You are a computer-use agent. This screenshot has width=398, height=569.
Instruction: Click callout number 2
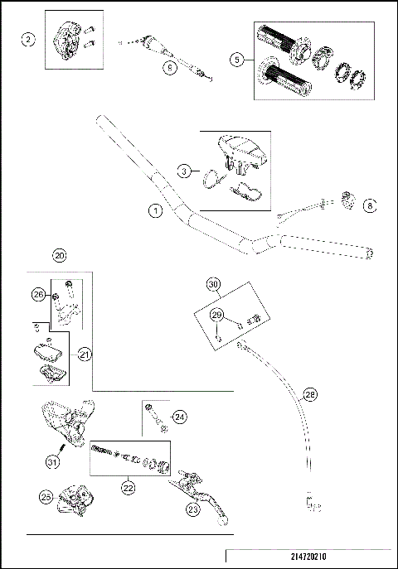(29, 40)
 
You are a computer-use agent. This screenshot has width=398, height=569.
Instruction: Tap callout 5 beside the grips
(236, 59)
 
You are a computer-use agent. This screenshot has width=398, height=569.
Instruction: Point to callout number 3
(185, 171)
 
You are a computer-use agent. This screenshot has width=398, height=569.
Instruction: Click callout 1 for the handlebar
(155, 211)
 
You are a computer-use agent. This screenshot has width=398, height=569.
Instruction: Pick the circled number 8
(370, 203)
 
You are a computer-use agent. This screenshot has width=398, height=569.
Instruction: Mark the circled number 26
(37, 293)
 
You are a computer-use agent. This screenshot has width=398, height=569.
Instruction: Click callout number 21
(84, 354)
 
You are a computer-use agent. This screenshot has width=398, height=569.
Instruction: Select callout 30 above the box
(214, 285)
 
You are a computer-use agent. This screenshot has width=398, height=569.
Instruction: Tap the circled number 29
(216, 315)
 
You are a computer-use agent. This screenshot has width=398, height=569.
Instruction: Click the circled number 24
(181, 417)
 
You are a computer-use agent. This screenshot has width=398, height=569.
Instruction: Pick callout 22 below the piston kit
(128, 489)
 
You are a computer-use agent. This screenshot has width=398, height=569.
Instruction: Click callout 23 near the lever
(192, 510)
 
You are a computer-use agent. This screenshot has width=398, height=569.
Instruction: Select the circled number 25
(47, 496)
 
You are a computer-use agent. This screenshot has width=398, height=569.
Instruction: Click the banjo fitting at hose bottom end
(313, 502)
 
